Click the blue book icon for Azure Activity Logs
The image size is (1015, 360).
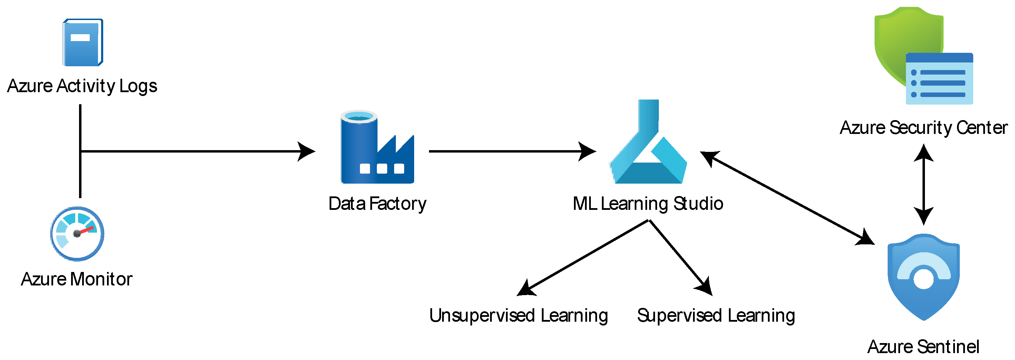[83, 42]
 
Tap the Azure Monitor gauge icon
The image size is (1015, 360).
[77, 234]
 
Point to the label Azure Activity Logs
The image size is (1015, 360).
[82, 86]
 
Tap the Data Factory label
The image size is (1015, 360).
[377, 204]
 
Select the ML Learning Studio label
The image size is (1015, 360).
[648, 204]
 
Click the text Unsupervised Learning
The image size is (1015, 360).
[518, 315]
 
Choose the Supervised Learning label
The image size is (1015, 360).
[716, 315]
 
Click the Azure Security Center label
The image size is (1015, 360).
[924, 128]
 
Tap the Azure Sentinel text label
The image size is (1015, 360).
[923, 347]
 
